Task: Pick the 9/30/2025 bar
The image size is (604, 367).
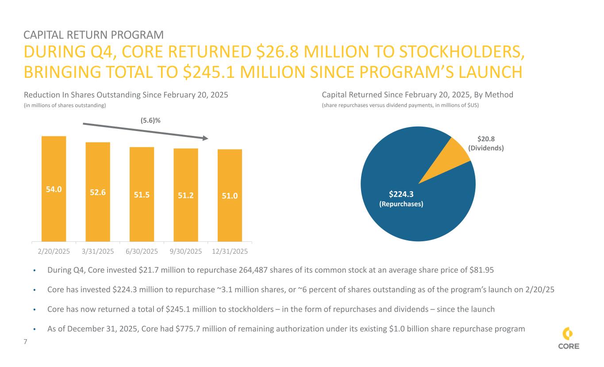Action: coord(186,195)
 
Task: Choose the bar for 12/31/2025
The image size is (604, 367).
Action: coord(230,195)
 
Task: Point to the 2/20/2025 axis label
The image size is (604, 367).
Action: coord(53,251)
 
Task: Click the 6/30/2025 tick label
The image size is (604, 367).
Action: coord(142,251)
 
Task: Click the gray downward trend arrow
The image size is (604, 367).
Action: coord(146,131)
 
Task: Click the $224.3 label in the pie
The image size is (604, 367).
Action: coord(401,194)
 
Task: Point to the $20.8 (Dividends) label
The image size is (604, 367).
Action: coord(485,143)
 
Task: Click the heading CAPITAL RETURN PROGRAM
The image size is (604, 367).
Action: coord(93,35)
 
